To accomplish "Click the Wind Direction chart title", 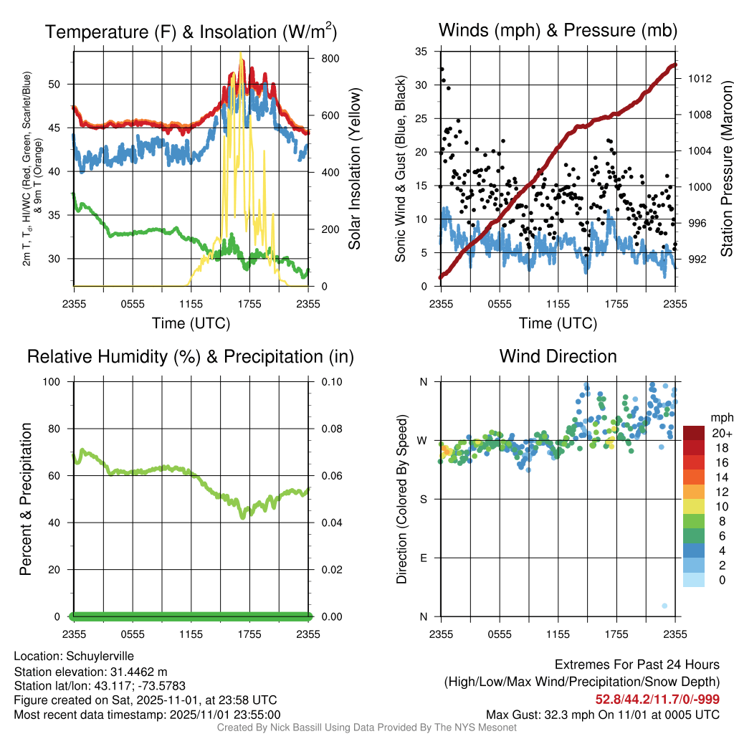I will [x=558, y=356].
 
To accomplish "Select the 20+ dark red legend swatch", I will [x=694, y=433].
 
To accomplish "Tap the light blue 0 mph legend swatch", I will [x=694, y=581].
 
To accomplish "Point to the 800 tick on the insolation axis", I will [x=320, y=58].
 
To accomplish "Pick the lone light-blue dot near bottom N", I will [x=664, y=606].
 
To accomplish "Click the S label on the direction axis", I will [x=423, y=499].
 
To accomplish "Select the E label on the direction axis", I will [x=423, y=558].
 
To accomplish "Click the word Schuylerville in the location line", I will [x=100, y=656].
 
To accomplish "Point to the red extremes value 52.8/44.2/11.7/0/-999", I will [x=657, y=699].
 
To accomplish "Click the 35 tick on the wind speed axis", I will [x=421, y=52].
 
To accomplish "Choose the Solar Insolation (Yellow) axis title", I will [x=354, y=168].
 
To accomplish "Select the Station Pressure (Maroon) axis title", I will [x=725, y=168].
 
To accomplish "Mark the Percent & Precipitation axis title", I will [x=26, y=499].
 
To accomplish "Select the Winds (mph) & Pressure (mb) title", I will [x=558, y=30].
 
